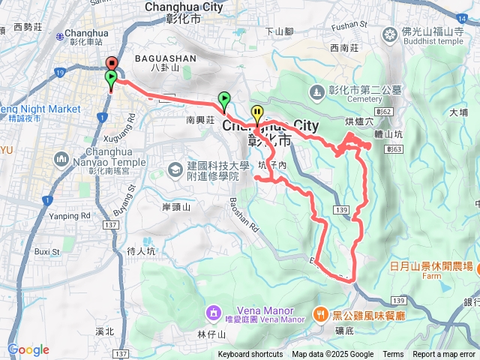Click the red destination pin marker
point(111,64)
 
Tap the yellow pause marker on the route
point(257,114)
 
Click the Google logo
point(28,349)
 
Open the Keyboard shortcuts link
point(250,355)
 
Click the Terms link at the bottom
point(393,355)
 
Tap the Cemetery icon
point(316,91)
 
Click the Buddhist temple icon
point(390,33)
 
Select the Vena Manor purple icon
point(213,310)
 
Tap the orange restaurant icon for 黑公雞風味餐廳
point(320,313)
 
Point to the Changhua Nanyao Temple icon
point(61,159)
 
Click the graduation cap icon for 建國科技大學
point(175,169)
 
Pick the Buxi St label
point(47,252)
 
